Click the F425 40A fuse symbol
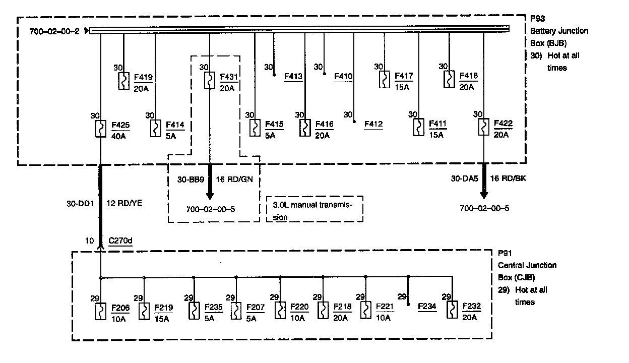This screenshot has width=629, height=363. pos(101,129)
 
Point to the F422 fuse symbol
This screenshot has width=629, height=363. pos(483,128)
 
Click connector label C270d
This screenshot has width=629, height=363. pos(120,241)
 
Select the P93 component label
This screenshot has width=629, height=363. pos(538,19)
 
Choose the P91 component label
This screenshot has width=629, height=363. pos(505,253)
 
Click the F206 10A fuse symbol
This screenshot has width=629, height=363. pos(101,311)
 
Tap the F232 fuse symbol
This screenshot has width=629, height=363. pos(453,309)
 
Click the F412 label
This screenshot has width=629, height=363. pos(373,124)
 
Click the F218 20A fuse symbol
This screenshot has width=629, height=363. pos(323,310)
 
